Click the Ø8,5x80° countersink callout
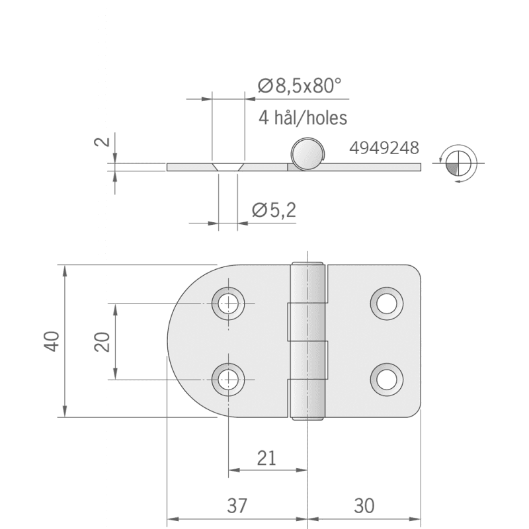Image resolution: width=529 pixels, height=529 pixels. coord(300,86)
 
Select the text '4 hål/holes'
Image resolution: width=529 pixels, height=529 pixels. coord(303,118)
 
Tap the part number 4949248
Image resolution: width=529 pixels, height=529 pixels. coord(384,148)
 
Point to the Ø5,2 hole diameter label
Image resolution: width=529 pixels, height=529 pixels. coord(274,210)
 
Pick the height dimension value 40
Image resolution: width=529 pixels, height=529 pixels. coord(52,341)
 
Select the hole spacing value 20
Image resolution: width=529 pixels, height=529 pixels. coord(102,342)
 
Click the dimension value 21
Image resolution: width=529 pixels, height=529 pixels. coord(266,458)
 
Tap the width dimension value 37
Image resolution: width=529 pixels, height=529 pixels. coord(237,506)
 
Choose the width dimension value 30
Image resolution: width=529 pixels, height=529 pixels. coord(364,506)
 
